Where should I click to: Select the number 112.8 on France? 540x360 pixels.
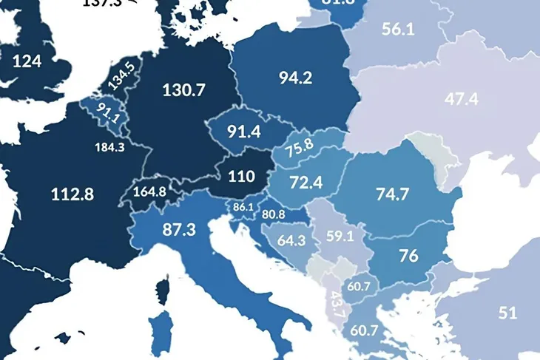pos(72,194)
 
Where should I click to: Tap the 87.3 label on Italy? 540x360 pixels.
pos(178,229)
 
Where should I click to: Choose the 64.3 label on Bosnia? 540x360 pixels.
pos(291,240)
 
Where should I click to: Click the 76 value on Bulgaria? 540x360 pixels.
pos(408,256)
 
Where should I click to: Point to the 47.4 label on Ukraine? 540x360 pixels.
pos(463,99)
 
